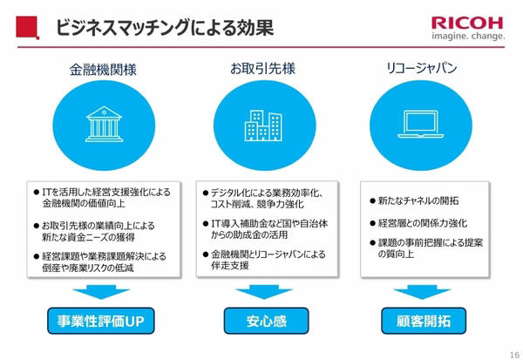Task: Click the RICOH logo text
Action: point(467,24)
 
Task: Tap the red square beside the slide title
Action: point(27,27)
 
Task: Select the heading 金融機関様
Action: point(103,70)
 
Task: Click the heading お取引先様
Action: point(263,69)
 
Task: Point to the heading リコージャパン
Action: point(421,68)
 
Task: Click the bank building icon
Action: point(104,124)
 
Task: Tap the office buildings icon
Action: point(263,126)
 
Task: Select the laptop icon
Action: point(421,124)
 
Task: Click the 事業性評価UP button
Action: point(101,321)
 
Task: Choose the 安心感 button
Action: point(266,321)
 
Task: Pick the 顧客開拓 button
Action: point(424,321)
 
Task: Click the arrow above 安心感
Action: point(264,292)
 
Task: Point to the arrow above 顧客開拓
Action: point(422,292)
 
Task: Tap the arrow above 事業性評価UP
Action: point(101,292)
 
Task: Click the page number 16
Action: point(514,355)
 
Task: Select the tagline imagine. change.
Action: point(468,36)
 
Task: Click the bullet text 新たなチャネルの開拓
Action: point(418,200)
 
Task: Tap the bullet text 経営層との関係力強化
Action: point(423,223)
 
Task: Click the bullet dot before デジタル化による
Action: point(206,194)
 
